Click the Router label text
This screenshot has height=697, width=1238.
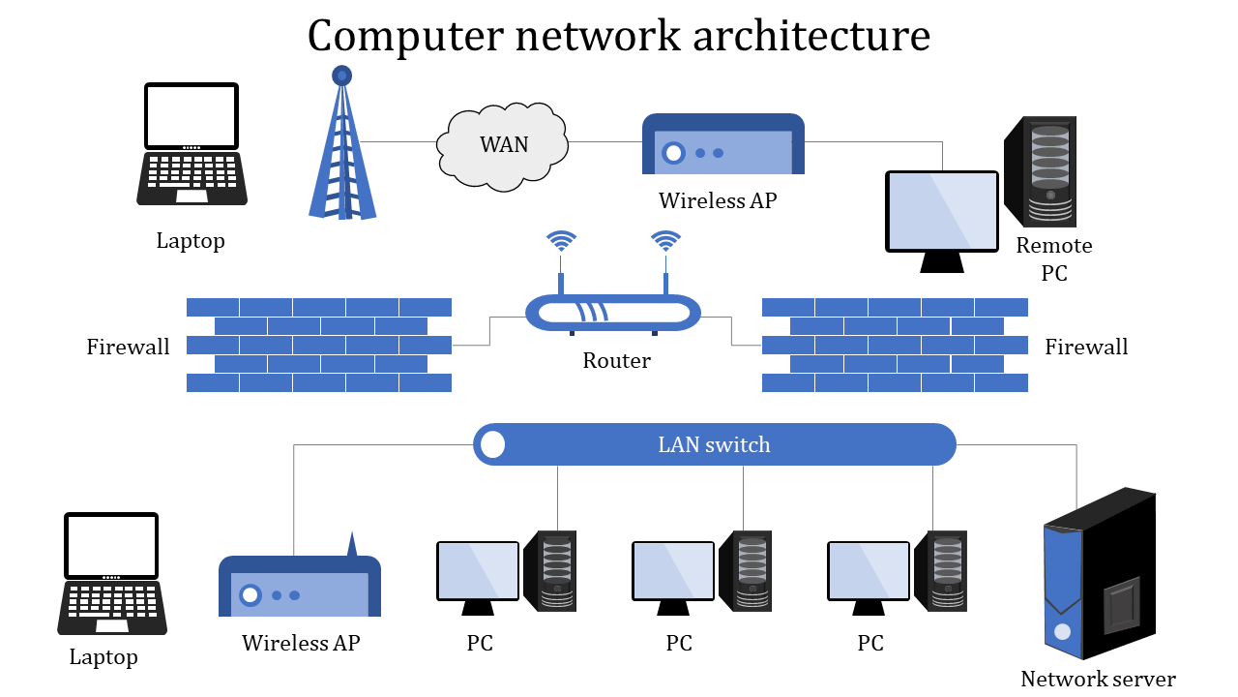[x=616, y=361]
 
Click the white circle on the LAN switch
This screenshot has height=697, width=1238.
[x=493, y=444]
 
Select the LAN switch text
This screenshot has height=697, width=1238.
[x=714, y=444]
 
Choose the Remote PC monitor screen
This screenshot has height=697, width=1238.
[x=942, y=211]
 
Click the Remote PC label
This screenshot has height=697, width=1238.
[x=1054, y=259]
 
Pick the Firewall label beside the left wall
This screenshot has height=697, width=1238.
[x=128, y=347]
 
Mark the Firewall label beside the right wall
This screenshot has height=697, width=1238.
[x=1086, y=347]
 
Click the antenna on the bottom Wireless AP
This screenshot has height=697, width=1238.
[x=351, y=544]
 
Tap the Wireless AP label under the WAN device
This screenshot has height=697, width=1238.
[x=718, y=201]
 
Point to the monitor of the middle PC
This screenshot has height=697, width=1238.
[x=673, y=570]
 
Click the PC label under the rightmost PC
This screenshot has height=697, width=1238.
[x=870, y=643]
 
